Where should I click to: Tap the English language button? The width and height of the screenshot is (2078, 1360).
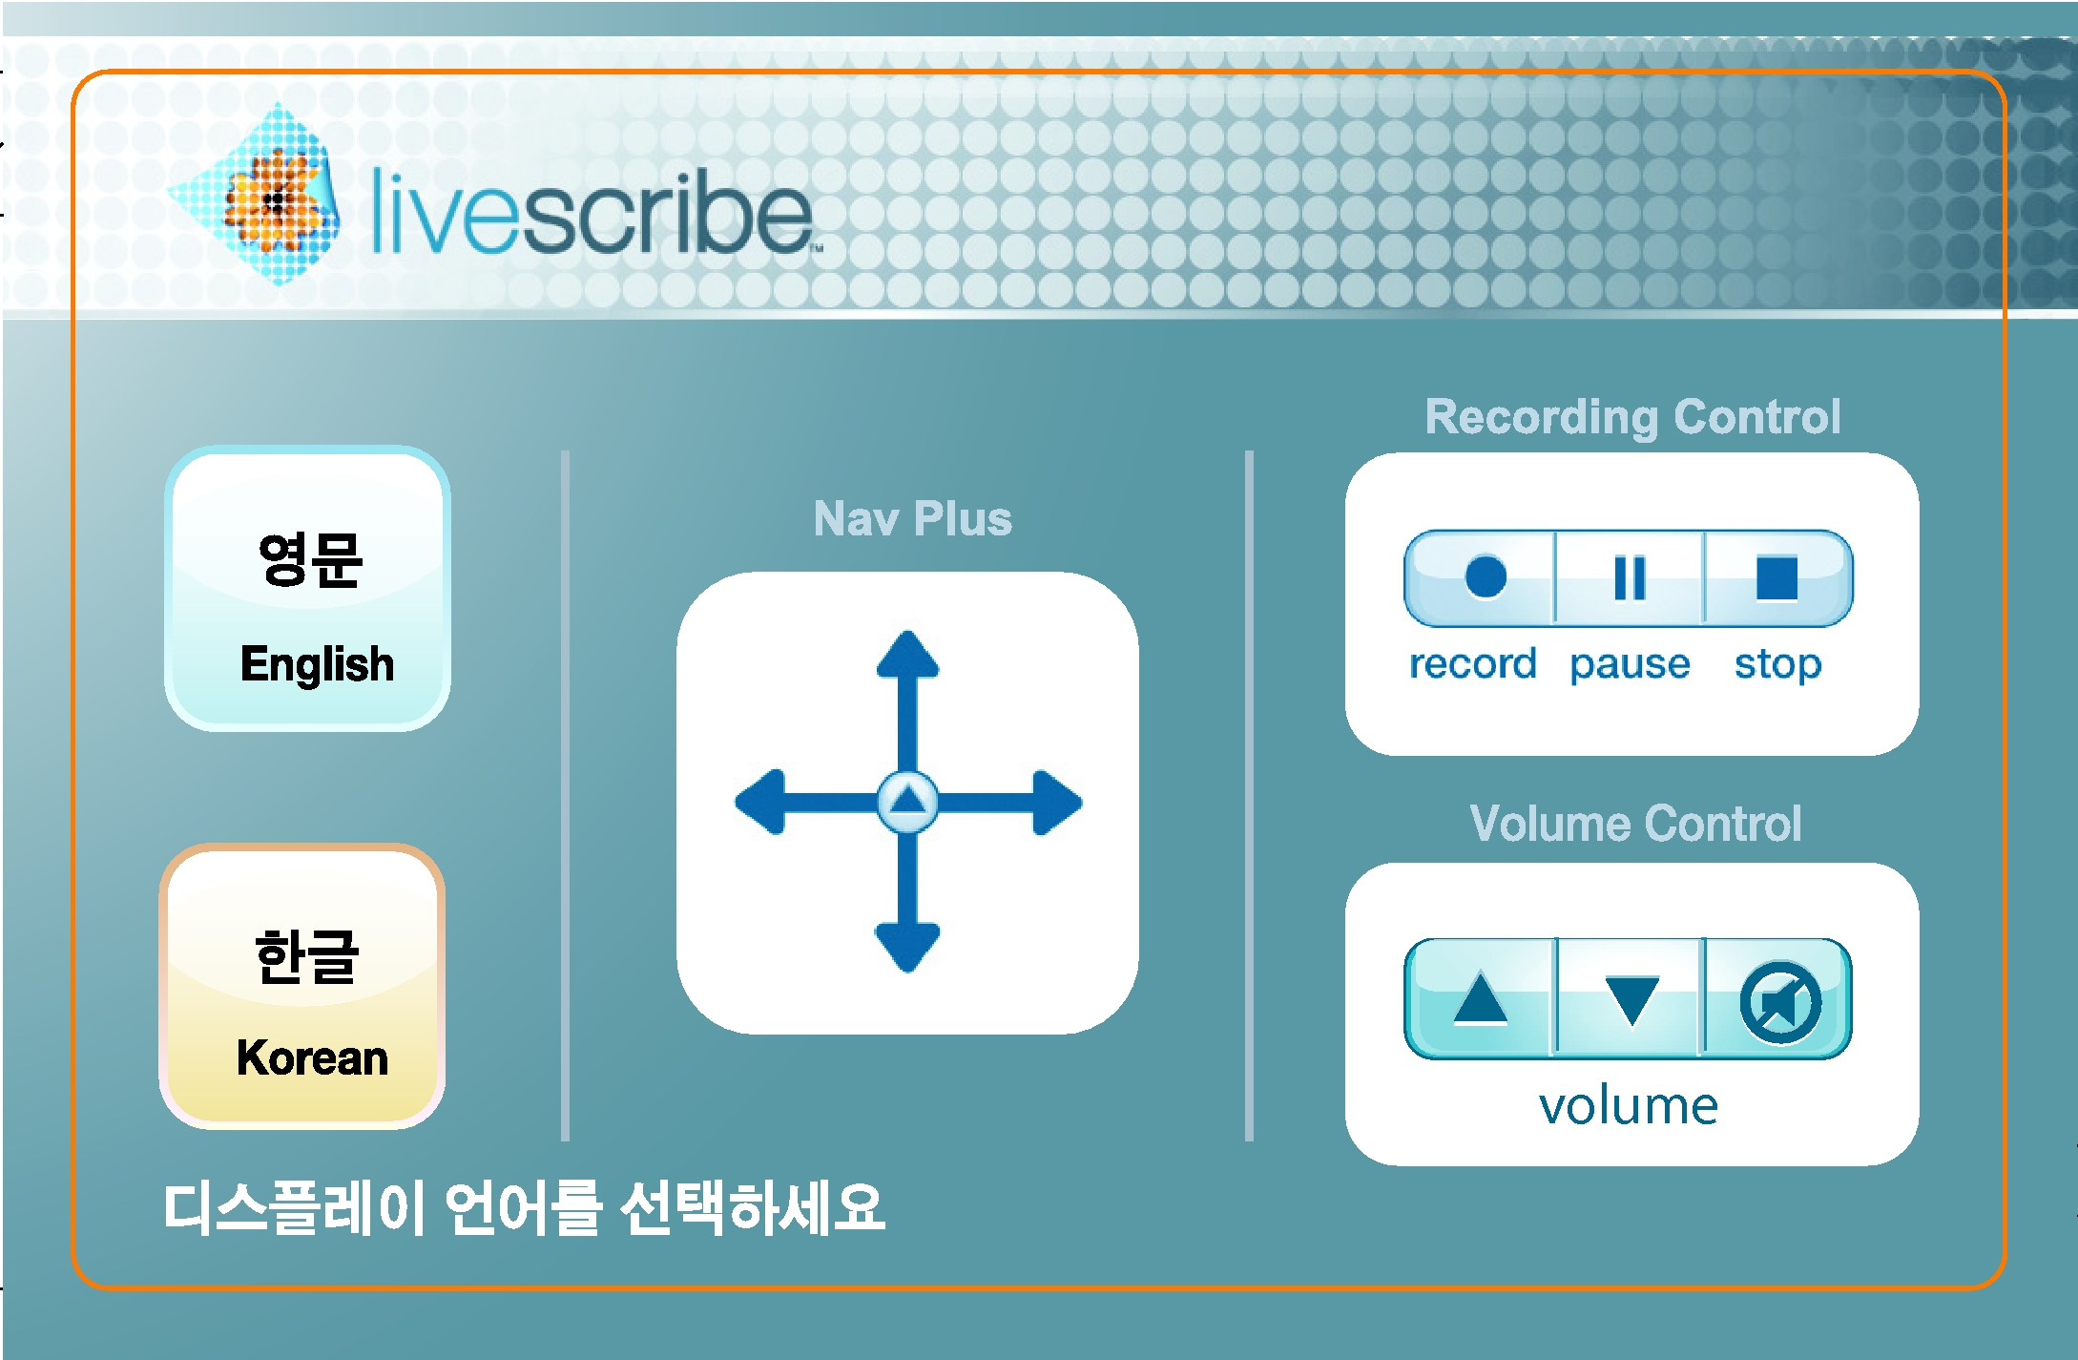(x=307, y=589)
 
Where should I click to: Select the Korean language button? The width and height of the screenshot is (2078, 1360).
(x=302, y=986)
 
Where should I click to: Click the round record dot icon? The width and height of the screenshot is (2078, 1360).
(x=1486, y=576)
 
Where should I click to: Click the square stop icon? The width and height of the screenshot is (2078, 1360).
(x=1777, y=577)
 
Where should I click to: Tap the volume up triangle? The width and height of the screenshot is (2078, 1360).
(x=1480, y=998)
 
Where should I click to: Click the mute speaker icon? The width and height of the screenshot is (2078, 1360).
(x=1780, y=1002)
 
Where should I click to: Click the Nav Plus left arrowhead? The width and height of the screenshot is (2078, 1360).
(x=760, y=802)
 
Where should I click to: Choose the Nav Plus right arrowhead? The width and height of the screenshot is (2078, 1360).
(x=1057, y=803)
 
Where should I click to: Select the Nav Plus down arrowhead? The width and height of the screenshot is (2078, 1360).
(x=907, y=948)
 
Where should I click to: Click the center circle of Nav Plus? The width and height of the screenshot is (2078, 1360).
(x=907, y=801)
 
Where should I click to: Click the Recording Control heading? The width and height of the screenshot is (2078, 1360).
(x=1632, y=417)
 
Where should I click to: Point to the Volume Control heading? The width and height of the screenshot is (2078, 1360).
(x=1635, y=823)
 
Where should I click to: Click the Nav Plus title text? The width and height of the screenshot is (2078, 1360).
(x=912, y=518)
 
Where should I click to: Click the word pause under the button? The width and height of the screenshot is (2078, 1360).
(x=1630, y=664)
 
